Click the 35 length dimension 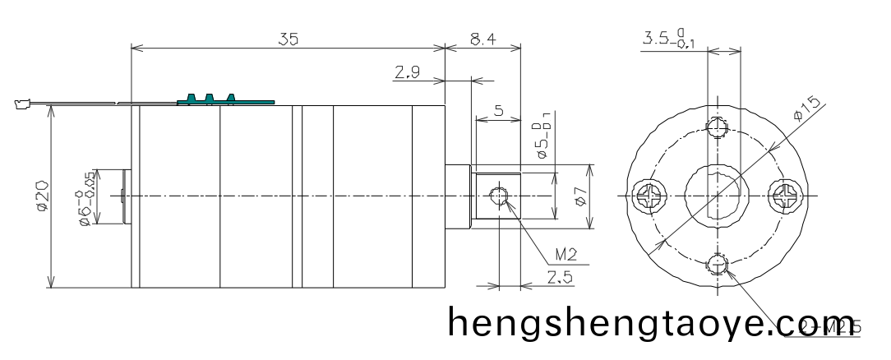tap(287, 38)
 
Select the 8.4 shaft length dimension tap(482, 38)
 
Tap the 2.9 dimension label tap(405, 74)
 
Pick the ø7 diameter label tap(580, 196)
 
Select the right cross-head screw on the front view tap(783, 196)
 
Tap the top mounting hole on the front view tap(718, 128)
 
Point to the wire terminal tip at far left tap(21, 104)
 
